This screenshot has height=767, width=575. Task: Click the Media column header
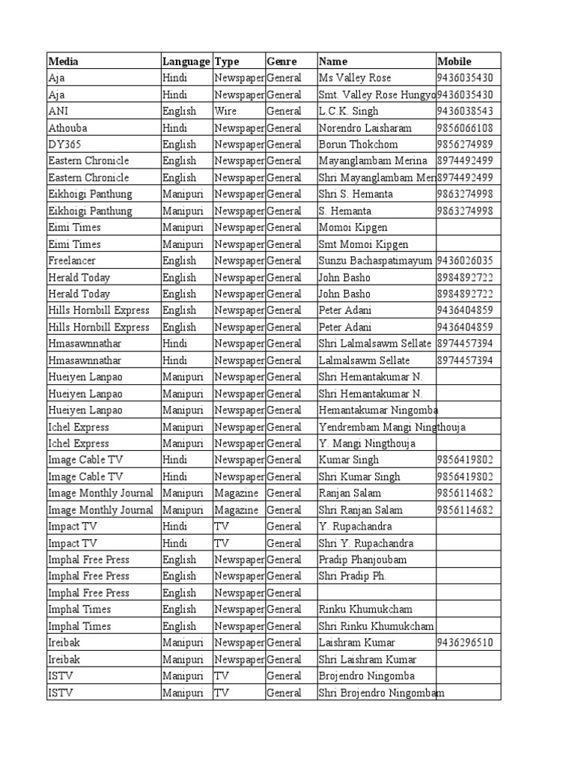[63, 61]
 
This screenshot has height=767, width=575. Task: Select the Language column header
[186, 61]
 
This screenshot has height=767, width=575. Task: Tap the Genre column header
[282, 61]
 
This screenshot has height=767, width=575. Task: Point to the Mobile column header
[454, 61]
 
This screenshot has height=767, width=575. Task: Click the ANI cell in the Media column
[58, 111]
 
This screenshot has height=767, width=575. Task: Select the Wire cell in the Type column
[225, 111]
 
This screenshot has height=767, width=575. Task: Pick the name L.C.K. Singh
[348, 111]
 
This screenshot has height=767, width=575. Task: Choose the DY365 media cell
[63, 145]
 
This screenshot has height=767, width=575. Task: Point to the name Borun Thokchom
[359, 145]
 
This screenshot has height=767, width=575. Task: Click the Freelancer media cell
[72, 261]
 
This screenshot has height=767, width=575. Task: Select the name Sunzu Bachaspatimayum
[375, 261]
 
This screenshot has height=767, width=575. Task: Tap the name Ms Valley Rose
[355, 78]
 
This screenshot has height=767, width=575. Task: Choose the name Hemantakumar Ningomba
[378, 410]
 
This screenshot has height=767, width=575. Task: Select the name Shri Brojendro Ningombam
[381, 693]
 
